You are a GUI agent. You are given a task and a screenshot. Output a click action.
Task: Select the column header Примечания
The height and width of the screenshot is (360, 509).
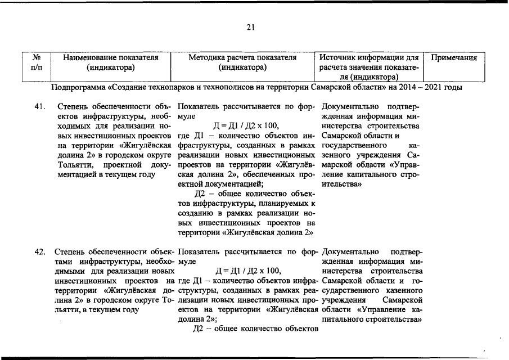tap(454, 57)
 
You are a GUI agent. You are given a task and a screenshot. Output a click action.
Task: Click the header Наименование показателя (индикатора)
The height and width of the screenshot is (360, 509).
tap(111, 62)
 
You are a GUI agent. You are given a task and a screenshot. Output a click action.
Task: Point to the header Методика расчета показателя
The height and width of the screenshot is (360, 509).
tap(242, 57)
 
